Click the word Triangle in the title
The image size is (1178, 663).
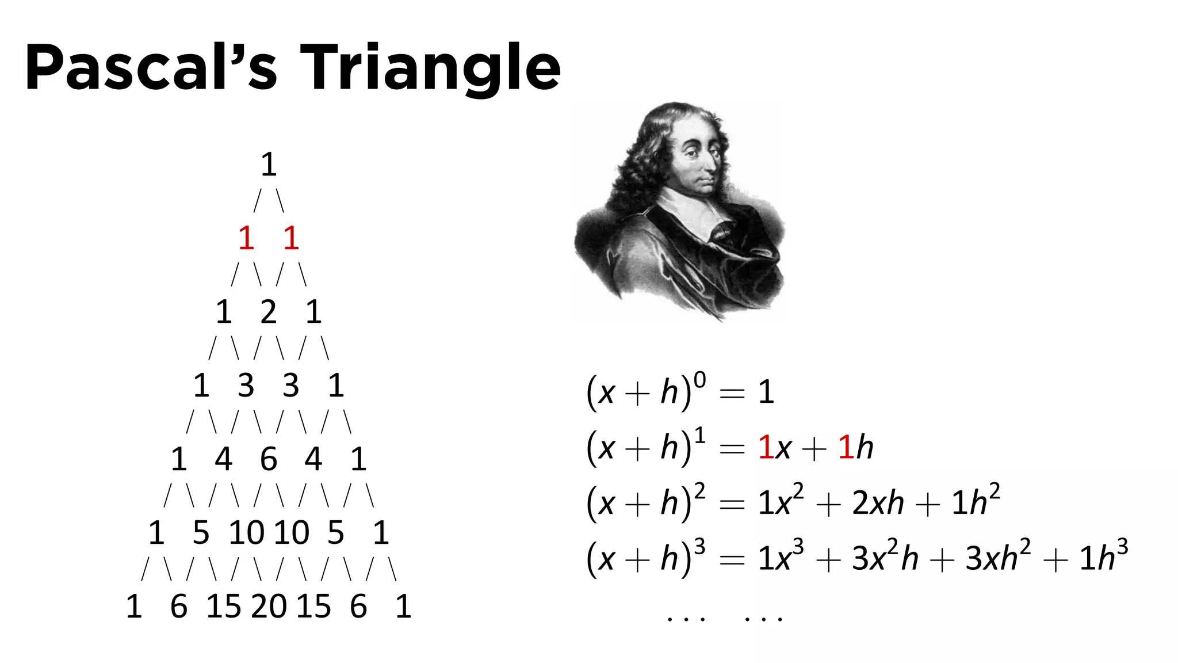pos(430,68)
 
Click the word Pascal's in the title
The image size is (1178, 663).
pos(151,68)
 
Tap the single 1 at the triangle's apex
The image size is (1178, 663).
pos(269,165)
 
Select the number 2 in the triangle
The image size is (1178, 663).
pos(269,312)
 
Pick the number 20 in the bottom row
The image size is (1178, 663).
pos(269,607)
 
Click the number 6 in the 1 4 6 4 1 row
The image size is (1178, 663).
pos(269,459)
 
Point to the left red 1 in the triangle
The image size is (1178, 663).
pos(246,238)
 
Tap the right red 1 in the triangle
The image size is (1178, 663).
pos(291,238)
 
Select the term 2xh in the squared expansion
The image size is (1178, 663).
pos(878,503)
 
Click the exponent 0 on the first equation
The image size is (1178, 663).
pos(699,380)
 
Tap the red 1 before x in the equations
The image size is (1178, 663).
pos(766,448)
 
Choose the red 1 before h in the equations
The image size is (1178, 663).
pos(845,448)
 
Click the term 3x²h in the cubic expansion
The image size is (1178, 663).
pos(885,557)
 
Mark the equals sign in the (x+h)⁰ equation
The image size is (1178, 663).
pos(732,394)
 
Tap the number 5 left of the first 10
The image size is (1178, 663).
pos(201,533)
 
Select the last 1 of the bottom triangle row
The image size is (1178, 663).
pos(403,607)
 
